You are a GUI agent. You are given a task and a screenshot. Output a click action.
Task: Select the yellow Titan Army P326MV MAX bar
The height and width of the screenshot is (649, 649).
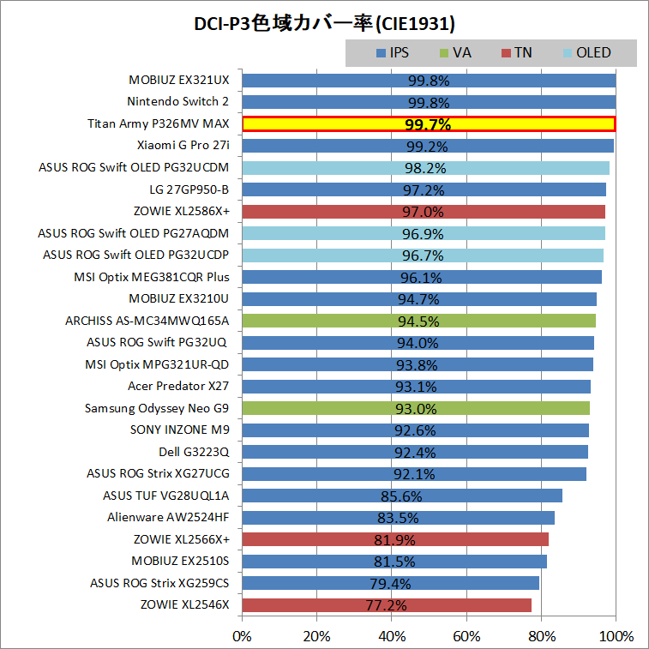pos(429,124)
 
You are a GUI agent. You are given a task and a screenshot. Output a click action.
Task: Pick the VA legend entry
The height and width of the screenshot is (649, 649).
pos(455,52)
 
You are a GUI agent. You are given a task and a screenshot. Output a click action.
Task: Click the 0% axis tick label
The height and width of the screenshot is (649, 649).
pos(243,636)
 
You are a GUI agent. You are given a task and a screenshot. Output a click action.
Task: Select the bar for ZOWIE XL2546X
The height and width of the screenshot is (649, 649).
pos(387,605)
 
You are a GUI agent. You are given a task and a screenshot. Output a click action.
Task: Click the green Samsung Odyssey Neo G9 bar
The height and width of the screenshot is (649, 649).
pos(416,408)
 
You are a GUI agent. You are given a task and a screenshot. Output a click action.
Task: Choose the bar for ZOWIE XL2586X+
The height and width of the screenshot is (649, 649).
pos(424,212)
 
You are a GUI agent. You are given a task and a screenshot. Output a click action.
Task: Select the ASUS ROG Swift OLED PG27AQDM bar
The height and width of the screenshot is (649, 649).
pos(424,233)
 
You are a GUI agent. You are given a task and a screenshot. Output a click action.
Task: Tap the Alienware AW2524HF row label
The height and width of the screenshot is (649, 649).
pos(168,518)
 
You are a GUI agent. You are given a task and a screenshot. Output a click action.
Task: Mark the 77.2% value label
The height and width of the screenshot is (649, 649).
pos(386,605)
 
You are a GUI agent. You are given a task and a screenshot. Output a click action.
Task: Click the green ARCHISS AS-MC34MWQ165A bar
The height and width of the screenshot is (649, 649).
pos(418,321)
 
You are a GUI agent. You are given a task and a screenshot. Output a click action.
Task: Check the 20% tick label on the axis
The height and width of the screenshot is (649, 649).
pos(317,636)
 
